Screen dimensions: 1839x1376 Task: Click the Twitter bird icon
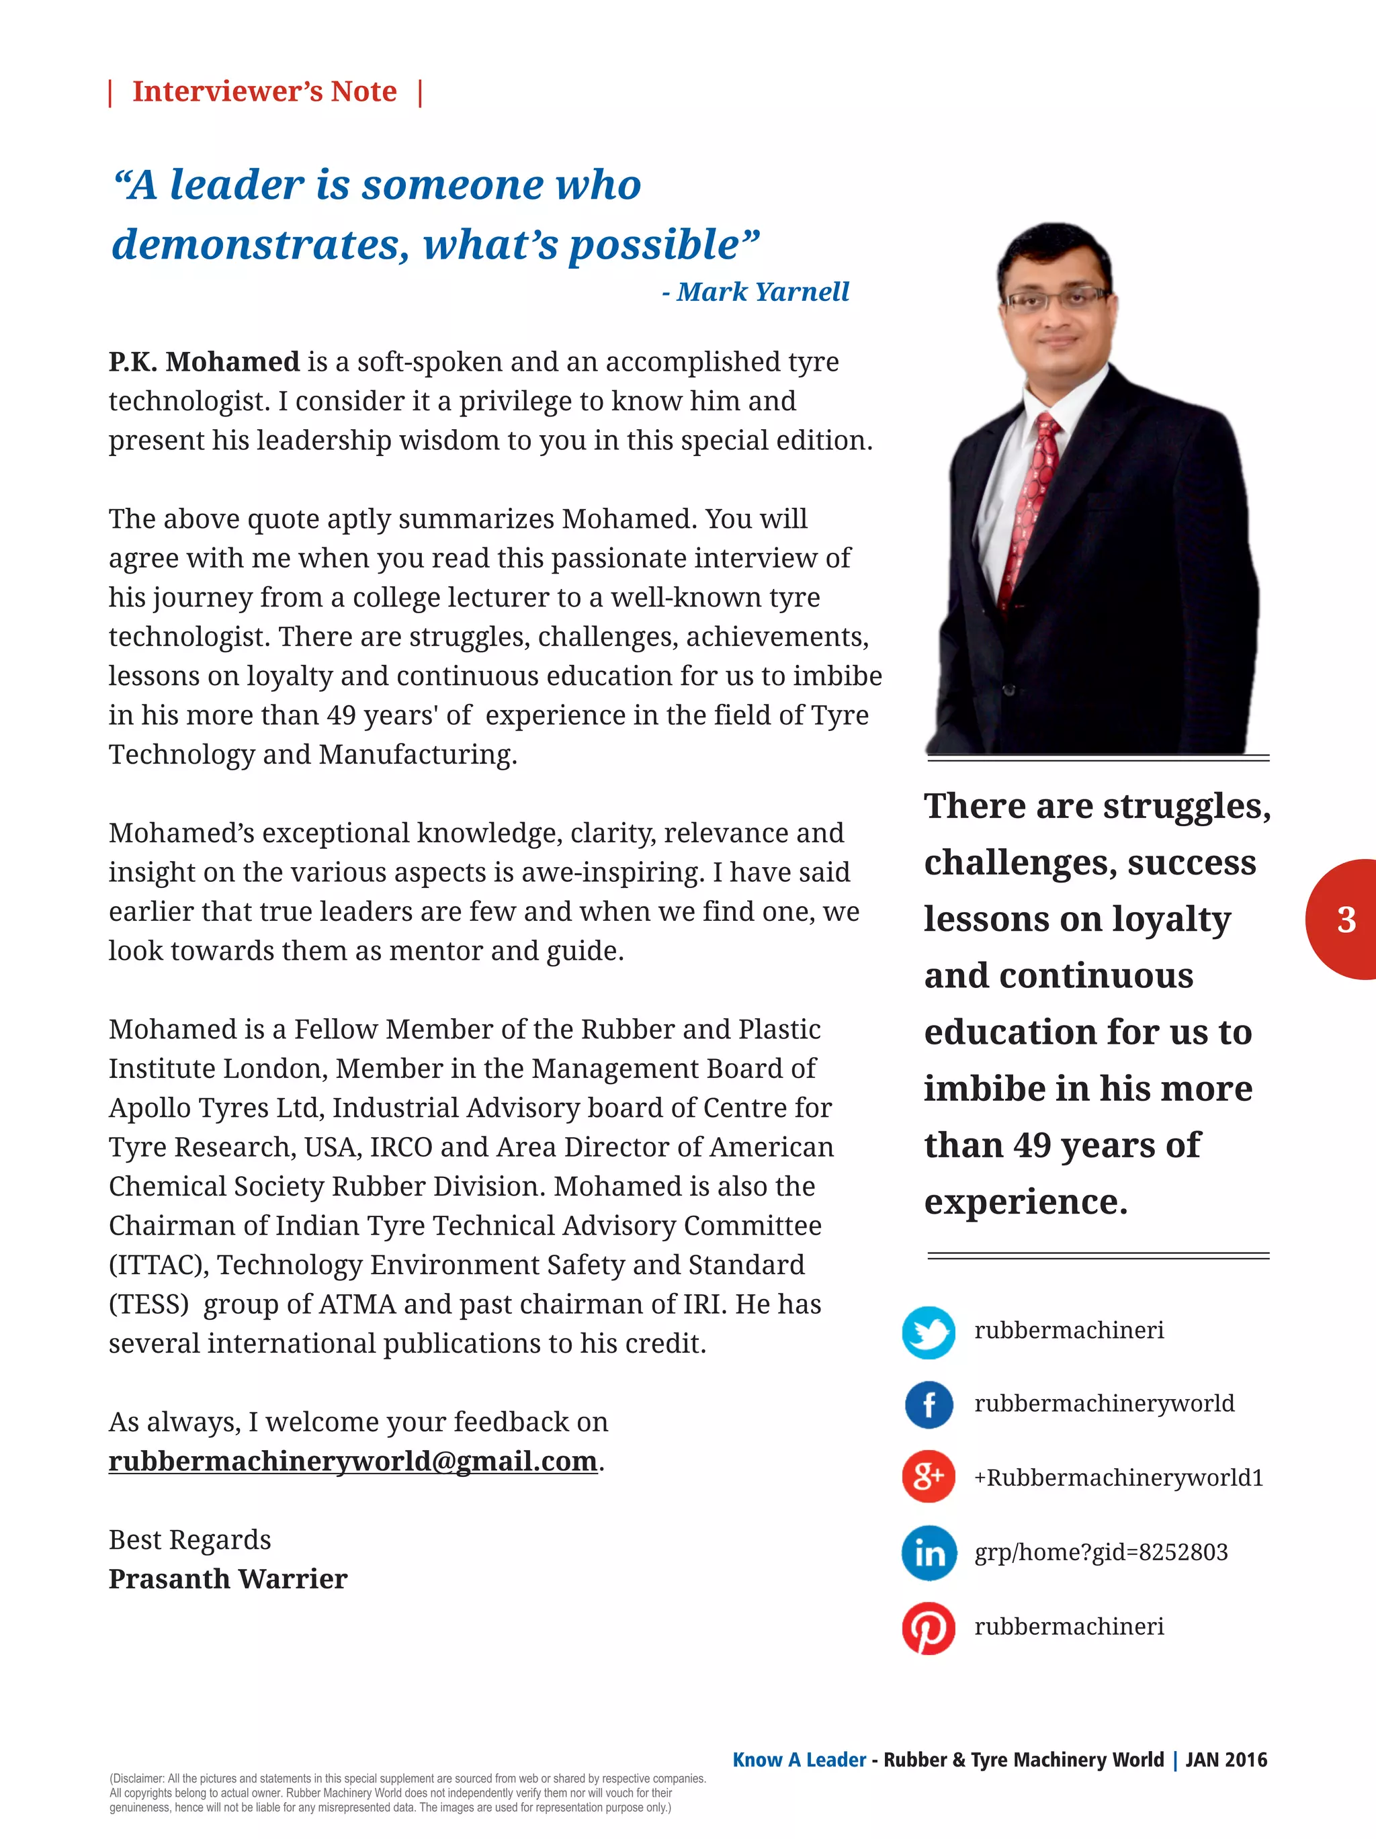pos(928,1332)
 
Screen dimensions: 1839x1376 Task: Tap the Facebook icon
pos(928,1405)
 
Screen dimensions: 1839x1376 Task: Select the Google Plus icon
pos(928,1478)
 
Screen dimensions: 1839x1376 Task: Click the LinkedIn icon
pos(928,1552)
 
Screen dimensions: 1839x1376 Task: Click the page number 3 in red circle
pos(1346,919)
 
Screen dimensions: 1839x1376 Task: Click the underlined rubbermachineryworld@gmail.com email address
pos(353,1461)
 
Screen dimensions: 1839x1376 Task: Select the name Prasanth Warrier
pos(228,1579)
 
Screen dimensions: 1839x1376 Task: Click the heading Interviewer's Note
pos(265,91)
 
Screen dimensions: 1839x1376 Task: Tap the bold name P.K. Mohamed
pos(204,361)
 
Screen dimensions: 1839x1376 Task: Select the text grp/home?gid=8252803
pos(1101,1552)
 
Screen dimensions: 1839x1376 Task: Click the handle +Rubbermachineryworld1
pos(1118,1478)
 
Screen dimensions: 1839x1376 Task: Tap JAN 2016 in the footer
pos(1225,1759)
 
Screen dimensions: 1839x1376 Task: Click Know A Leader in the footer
pos(799,1759)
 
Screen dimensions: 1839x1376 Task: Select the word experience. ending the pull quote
pos(1025,1202)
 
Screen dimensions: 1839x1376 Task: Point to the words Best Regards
pos(189,1539)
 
